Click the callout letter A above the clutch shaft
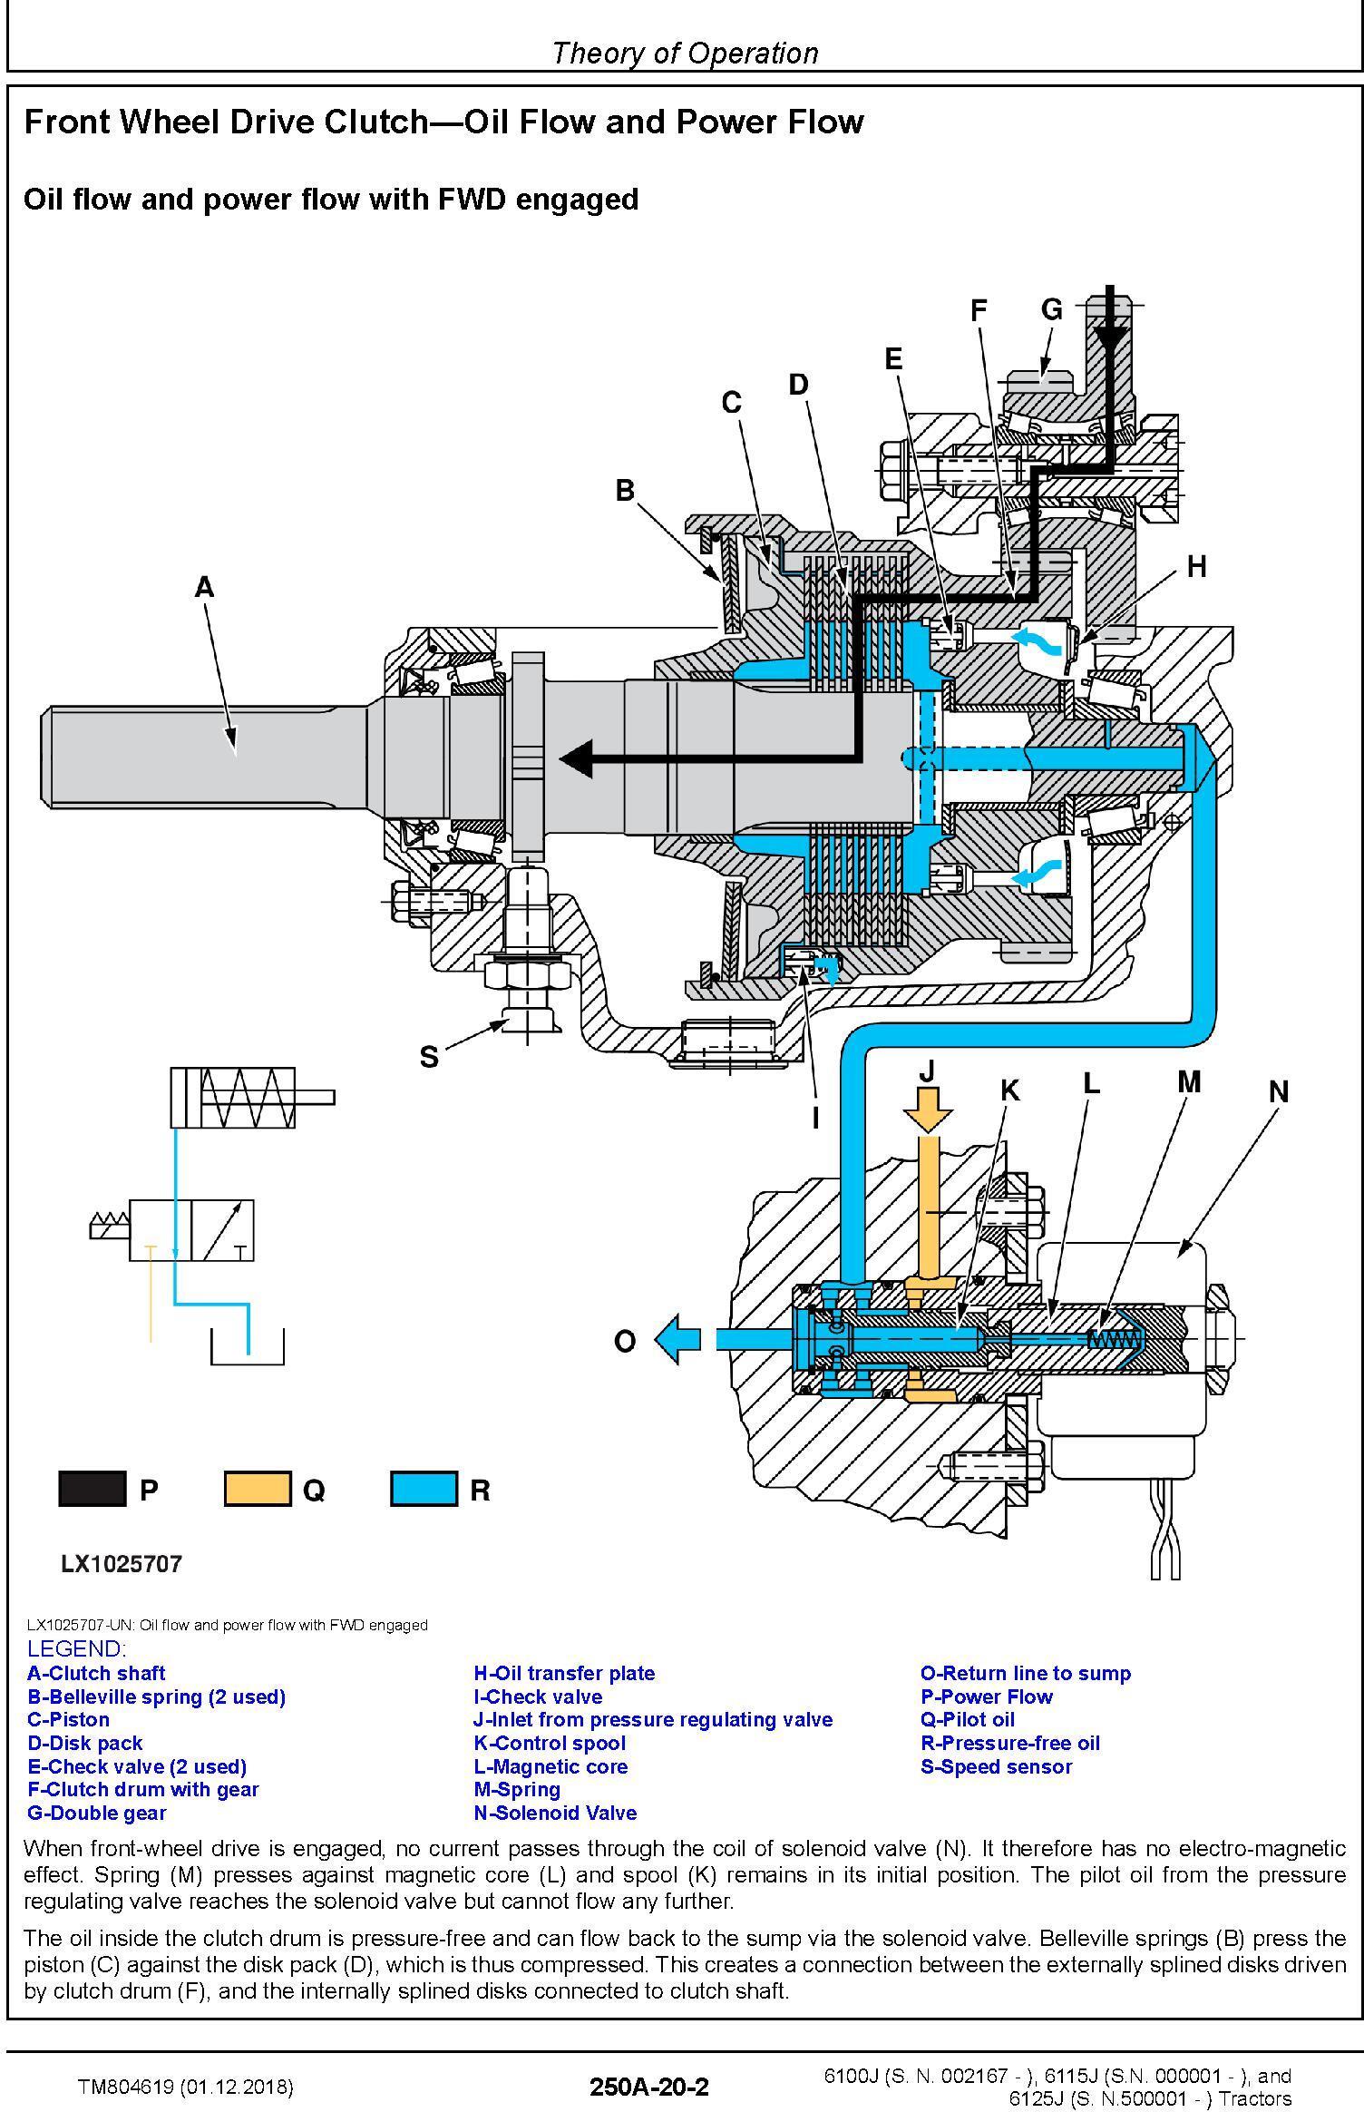[x=204, y=587]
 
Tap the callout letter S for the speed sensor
[x=429, y=1056]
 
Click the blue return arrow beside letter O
[x=677, y=1339]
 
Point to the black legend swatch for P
[x=93, y=1490]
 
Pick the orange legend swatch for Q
[x=258, y=1490]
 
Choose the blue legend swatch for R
[x=424, y=1490]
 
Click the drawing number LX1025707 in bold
[x=122, y=1563]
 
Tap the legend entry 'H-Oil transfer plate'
[x=563, y=1673]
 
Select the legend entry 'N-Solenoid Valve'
[x=555, y=1813]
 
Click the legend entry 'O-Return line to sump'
[x=1025, y=1673]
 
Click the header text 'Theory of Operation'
[x=685, y=54]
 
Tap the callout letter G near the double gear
[x=1051, y=310]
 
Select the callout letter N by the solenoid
[x=1278, y=1091]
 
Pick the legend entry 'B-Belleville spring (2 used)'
[x=156, y=1696]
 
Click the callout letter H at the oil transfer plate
[x=1196, y=567]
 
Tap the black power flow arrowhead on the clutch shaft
[x=577, y=758]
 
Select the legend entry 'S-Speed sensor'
[x=996, y=1766]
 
